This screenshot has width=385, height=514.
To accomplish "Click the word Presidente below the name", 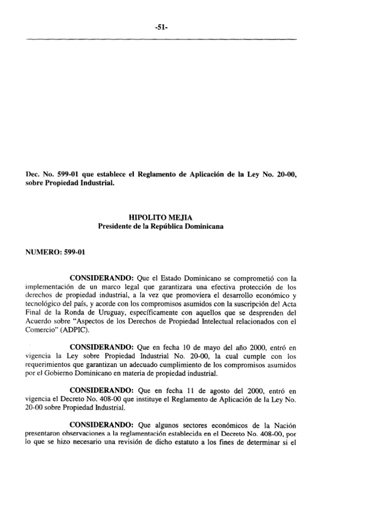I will coord(116,226).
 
